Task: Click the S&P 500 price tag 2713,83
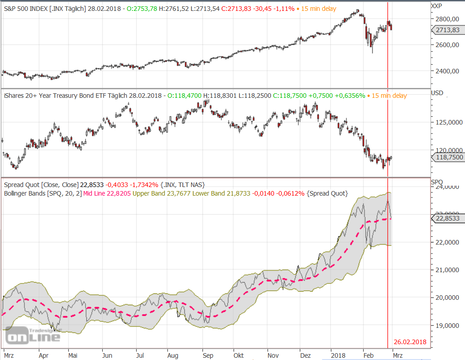pos(447,30)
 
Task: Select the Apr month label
pos(43,355)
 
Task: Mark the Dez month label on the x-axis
pos(306,355)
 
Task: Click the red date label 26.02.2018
pos(410,342)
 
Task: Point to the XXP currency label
pos(437,6)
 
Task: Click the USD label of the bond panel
pos(437,93)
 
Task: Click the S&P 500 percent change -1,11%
pos(286,9)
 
